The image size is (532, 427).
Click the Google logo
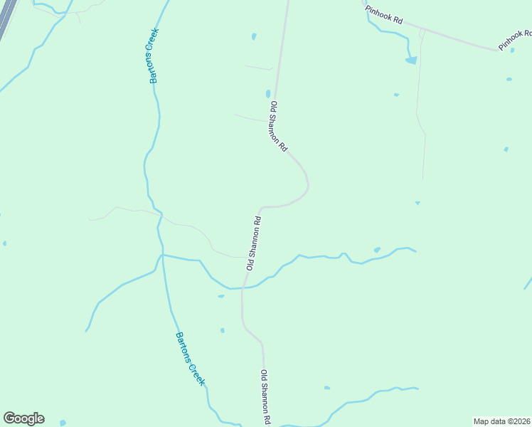coord(23,418)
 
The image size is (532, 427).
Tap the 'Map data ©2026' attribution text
coord(501,421)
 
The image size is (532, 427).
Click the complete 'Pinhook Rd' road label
coord(384,16)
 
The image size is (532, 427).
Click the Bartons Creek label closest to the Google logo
coord(190,359)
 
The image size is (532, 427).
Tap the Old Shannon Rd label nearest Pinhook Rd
coord(278,127)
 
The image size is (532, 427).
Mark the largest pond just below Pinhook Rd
coord(411,60)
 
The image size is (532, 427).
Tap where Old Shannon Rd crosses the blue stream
coord(244,287)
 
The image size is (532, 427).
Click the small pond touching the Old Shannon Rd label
coord(268,93)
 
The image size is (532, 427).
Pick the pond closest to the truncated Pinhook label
coord(512,50)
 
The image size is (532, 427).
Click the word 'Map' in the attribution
coord(482,421)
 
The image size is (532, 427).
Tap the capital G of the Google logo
coord(9,418)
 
